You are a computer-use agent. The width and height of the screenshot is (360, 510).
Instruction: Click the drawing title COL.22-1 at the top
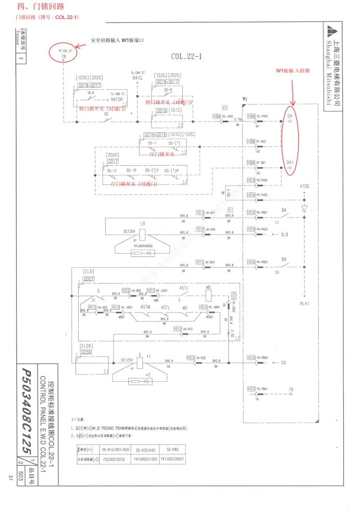(x=186, y=56)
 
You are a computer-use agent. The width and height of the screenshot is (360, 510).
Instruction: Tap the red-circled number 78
(x=63, y=57)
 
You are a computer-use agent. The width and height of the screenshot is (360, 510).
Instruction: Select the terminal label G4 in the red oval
(x=290, y=115)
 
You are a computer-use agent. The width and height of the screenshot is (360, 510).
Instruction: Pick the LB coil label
(x=143, y=223)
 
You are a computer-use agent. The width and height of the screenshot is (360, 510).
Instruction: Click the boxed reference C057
(x=88, y=279)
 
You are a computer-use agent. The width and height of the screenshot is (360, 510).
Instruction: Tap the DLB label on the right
(x=285, y=233)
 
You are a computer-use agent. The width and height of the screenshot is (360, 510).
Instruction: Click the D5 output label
(x=283, y=362)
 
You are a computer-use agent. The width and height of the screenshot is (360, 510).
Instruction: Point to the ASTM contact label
(x=145, y=307)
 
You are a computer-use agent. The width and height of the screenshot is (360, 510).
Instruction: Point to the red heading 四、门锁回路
(x=40, y=7)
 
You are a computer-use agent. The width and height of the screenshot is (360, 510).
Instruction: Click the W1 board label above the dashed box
(x=245, y=100)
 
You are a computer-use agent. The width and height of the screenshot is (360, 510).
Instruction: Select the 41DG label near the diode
(x=304, y=186)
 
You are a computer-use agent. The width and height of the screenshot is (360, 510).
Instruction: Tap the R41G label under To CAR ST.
(x=137, y=78)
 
